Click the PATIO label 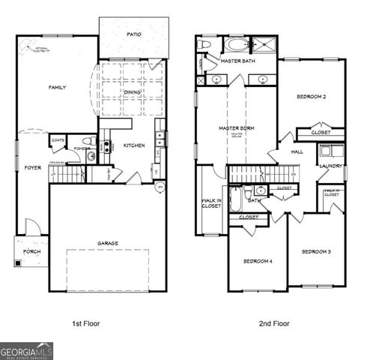(x=133, y=34)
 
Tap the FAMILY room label (x=57, y=88)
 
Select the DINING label (x=132, y=92)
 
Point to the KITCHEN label (x=133, y=145)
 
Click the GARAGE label (x=107, y=243)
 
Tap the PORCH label (x=31, y=251)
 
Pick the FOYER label (x=32, y=167)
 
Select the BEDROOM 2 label (x=310, y=97)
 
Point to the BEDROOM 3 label (x=316, y=251)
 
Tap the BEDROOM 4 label (x=258, y=261)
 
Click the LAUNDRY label (x=330, y=166)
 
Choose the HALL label (x=296, y=152)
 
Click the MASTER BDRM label (x=236, y=128)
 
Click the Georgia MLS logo (x=27, y=350)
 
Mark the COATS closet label (x=58, y=139)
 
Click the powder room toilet (x=87, y=140)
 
